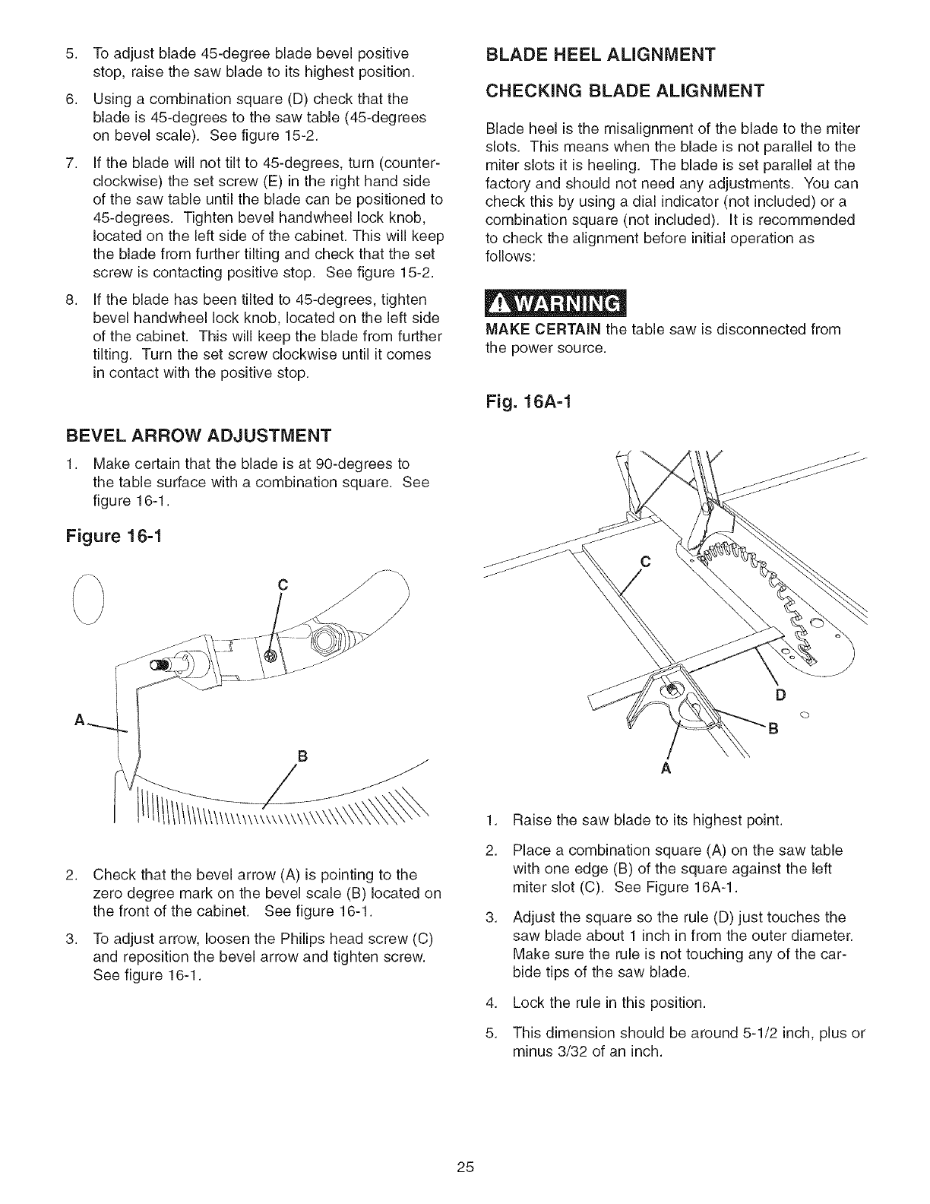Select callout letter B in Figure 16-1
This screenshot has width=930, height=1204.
301,757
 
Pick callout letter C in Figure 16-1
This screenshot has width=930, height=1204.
282,585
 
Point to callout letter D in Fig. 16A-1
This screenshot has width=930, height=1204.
779,695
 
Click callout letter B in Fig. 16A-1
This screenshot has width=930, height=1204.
773,731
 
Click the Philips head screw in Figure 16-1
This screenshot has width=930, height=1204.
270,656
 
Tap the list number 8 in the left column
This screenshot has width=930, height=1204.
70,299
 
